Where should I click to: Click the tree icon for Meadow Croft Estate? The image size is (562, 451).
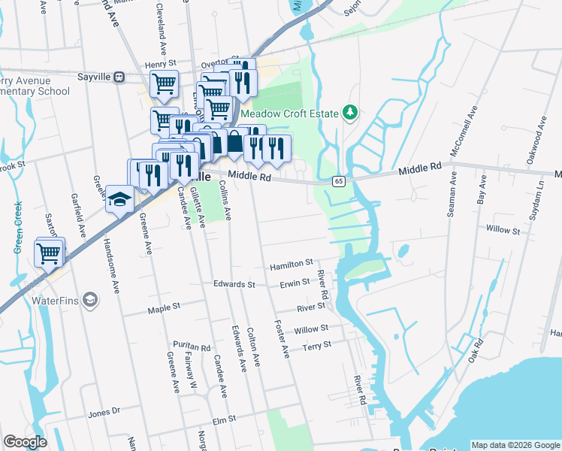(349, 113)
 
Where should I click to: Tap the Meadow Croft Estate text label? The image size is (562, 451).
(287, 114)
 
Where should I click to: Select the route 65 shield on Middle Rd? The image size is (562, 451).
(340, 181)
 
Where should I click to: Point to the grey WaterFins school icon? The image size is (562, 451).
(90, 301)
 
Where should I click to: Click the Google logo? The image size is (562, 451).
(26, 442)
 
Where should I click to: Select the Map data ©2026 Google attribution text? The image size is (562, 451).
(515, 445)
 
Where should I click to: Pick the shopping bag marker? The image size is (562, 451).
(235, 143)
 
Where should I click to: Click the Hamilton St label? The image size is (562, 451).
(292, 265)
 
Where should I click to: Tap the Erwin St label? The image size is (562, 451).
(295, 283)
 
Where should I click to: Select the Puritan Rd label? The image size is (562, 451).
(195, 347)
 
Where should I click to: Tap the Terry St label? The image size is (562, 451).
(316, 345)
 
